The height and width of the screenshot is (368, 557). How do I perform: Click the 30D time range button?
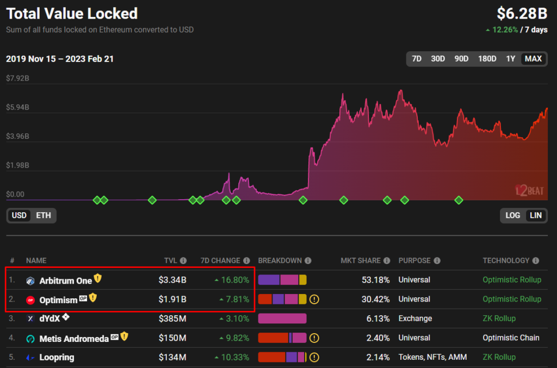click(437, 59)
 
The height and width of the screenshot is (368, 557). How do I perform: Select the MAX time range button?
click(533, 59)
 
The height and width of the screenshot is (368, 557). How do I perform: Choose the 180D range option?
click(487, 59)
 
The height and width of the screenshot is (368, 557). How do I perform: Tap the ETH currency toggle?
click(44, 216)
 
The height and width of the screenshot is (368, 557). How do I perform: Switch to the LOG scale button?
click(512, 216)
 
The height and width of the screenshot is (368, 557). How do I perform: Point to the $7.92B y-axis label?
click(17, 78)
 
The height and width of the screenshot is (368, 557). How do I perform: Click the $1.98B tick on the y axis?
click(17, 165)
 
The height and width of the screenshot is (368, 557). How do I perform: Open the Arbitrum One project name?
click(65, 281)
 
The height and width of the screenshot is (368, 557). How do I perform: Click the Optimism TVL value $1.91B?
click(172, 299)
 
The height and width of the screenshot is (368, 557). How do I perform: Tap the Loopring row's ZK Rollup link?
click(499, 358)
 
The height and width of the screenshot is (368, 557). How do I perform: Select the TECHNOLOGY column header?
click(506, 261)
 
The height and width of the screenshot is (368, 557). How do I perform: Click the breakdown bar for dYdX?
click(282, 318)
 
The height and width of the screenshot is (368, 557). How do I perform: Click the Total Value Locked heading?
click(72, 14)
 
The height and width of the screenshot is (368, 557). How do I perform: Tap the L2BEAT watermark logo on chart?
click(529, 191)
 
